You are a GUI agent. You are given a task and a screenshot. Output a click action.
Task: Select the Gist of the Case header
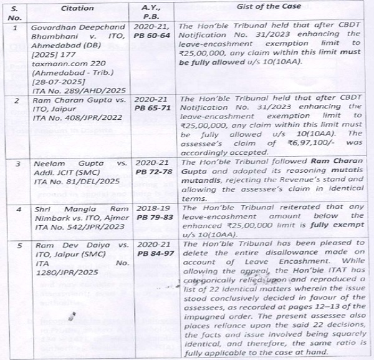tap(272, 6)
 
